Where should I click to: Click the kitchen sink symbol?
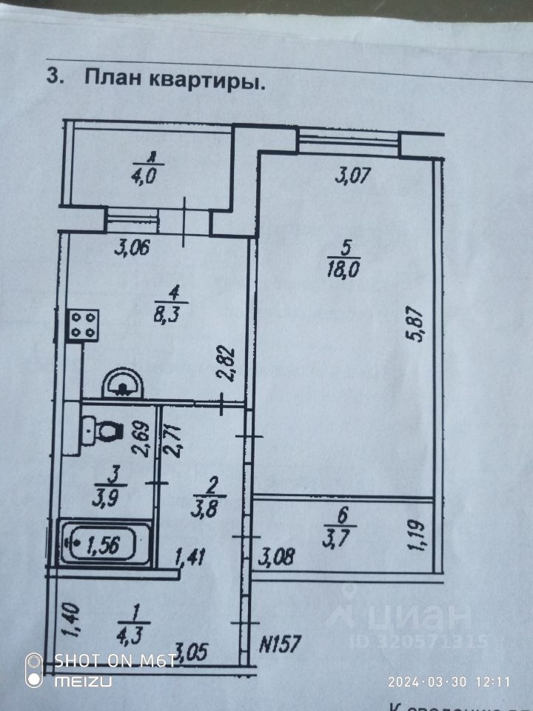[x=122, y=383]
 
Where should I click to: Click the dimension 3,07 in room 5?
[x=352, y=176]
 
